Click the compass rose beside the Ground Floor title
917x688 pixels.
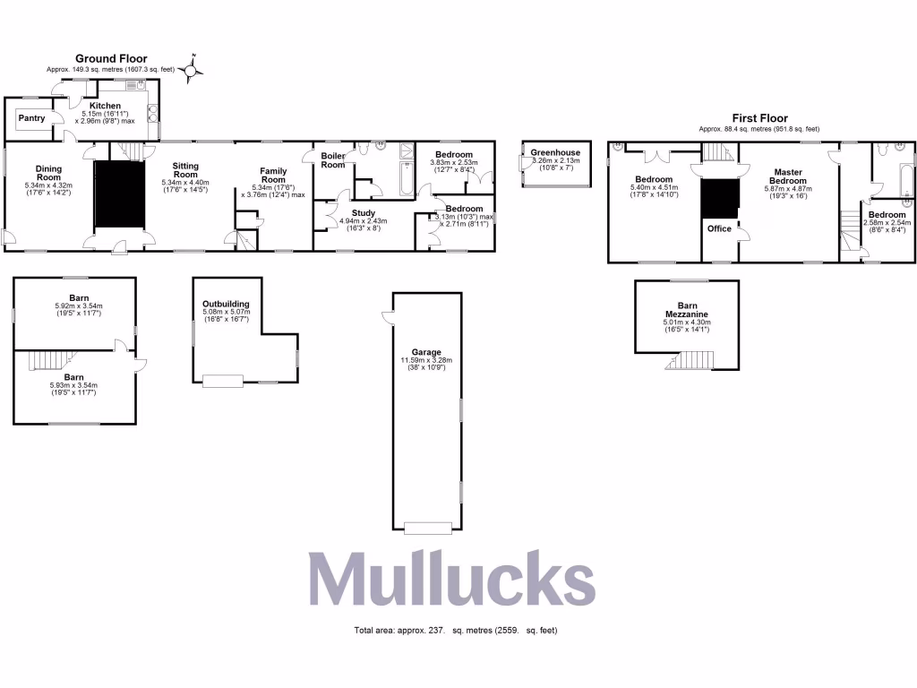pyautogui.click(x=191, y=68)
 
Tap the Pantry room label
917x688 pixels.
pyautogui.click(x=31, y=118)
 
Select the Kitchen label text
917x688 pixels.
pyautogui.click(x=105, y=106)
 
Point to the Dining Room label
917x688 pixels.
pyautogui.click(x=48, y=172)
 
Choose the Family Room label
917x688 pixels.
pyautogui.click(x=273, y=176)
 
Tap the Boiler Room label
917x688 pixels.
pyautogui.click(x=333, y=159)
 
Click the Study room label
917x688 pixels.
pyautogui.click(x=363, y=212)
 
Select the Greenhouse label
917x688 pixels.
pyautogui.click(x=555, y=152)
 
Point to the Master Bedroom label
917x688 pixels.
pyautogui.click(x=788, y=176)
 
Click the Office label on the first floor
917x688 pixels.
pyautogui.click(x=719, y=228)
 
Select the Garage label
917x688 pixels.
pyautogui.click(x=426, y=352)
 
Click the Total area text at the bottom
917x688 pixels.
pyautogui.click(x=457, y=631)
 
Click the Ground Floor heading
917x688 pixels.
pyautogui.click(x=111, y=58)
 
